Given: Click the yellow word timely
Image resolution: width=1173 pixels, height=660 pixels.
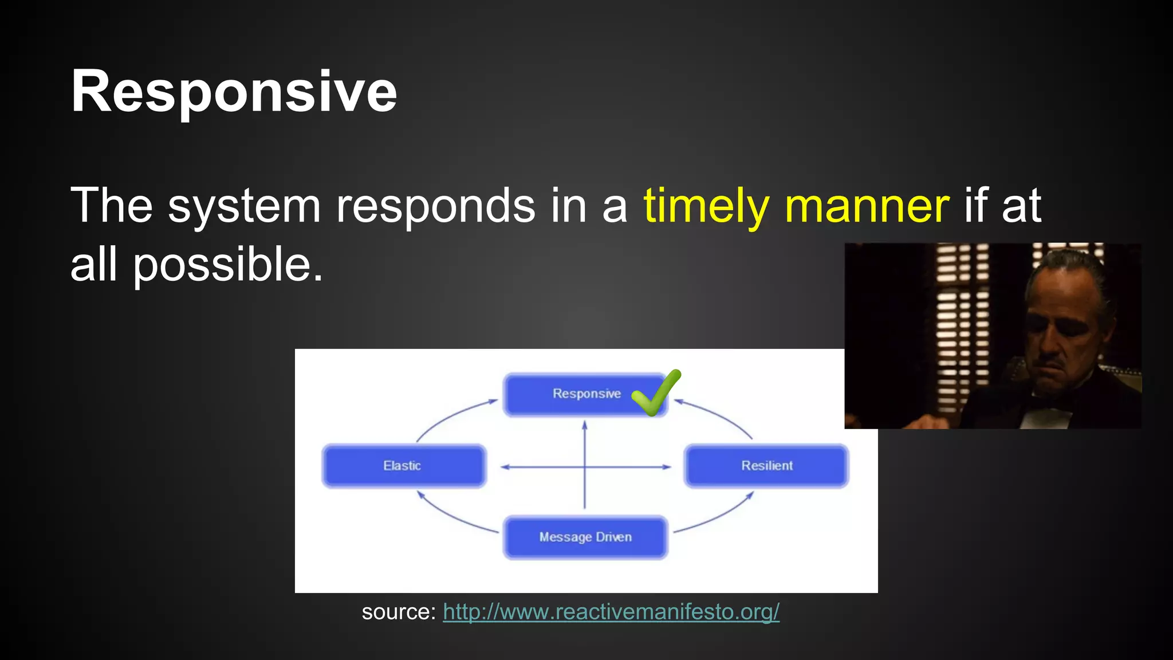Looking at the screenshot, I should click(706, 206).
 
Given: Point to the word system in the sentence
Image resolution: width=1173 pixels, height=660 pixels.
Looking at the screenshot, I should click(244, 206).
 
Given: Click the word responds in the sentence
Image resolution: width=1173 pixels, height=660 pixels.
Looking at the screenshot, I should click(435, 206).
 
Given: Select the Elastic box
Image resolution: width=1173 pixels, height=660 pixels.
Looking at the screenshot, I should click(403, 466).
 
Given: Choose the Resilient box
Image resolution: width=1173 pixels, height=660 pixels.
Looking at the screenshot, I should click(766, 466).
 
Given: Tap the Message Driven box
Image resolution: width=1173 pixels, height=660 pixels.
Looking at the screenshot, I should click(585, 537).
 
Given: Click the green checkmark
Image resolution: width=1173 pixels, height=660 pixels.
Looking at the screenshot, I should click(656, 393).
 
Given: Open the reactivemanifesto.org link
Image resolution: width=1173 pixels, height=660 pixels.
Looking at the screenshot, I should click(611, 612).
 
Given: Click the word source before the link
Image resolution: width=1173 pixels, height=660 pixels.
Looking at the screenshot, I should click(399, 612).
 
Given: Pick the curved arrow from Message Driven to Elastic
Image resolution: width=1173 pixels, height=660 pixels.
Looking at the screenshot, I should click(452, 516).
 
